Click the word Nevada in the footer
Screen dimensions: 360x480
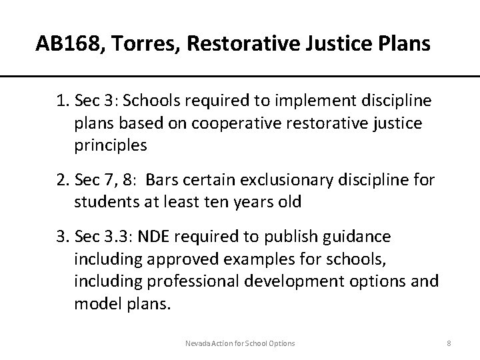click(198, 343)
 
